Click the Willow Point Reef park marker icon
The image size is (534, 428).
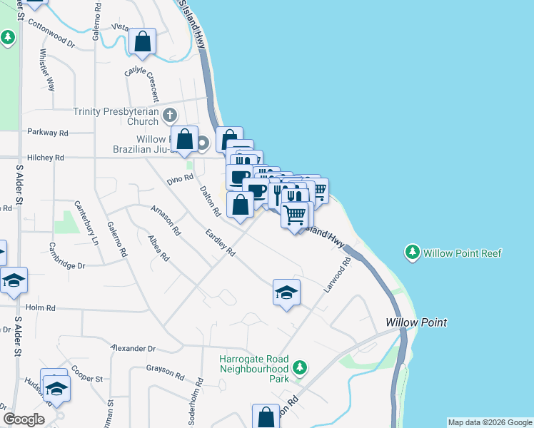click(x=412, y=253)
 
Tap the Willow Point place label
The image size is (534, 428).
click(x=416, y=322)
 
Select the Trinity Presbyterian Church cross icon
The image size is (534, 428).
click(x=170, y=115)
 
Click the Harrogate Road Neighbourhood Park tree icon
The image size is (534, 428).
click(x=301, y=368)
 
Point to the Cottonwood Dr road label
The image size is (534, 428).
click(x=51, y=33)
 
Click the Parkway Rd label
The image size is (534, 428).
click(x=47, y=133)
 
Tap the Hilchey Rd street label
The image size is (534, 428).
click(x=46, y=157)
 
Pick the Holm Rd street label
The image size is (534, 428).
click(x=41, y=307)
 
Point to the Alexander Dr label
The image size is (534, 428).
click(x=132, y=348)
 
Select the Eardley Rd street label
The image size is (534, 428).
click(x=220, y=242)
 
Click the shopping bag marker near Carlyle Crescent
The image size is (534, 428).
click(x=143, y=43)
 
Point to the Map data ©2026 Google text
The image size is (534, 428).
click(x=490, y=422)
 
